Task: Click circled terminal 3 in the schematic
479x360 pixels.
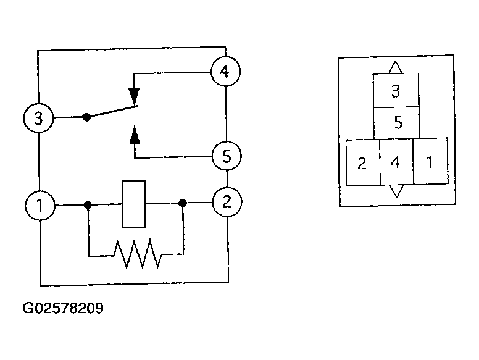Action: pos(38,118)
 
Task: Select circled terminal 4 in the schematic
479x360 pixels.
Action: pos(226,72)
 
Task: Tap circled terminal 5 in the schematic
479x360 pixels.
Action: pos(227,156)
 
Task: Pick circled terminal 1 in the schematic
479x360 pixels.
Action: pos(40,206)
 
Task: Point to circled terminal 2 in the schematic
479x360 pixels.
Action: pos(227,202)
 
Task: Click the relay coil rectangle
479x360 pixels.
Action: pos(134,204)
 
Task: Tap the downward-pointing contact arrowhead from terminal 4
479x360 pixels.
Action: pos(134,96)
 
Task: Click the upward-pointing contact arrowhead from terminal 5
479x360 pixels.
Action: pos(135,135)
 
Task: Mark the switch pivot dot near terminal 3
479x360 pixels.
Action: pos(87,117)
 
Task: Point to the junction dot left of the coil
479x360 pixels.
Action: pos(88,205)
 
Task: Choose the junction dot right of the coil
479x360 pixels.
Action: pos(183,203)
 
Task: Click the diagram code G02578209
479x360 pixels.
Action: pos(63,308)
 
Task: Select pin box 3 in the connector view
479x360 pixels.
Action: pos(396,90)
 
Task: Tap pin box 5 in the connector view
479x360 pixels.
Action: pos(396,122)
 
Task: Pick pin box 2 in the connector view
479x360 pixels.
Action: pos(363,162)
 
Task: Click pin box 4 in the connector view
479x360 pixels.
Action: pos(396,162)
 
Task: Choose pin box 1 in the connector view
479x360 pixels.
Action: pos(430,161)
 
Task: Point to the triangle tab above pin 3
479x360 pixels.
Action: pos(395,67)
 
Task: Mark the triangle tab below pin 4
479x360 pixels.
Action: pos(397,191)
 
